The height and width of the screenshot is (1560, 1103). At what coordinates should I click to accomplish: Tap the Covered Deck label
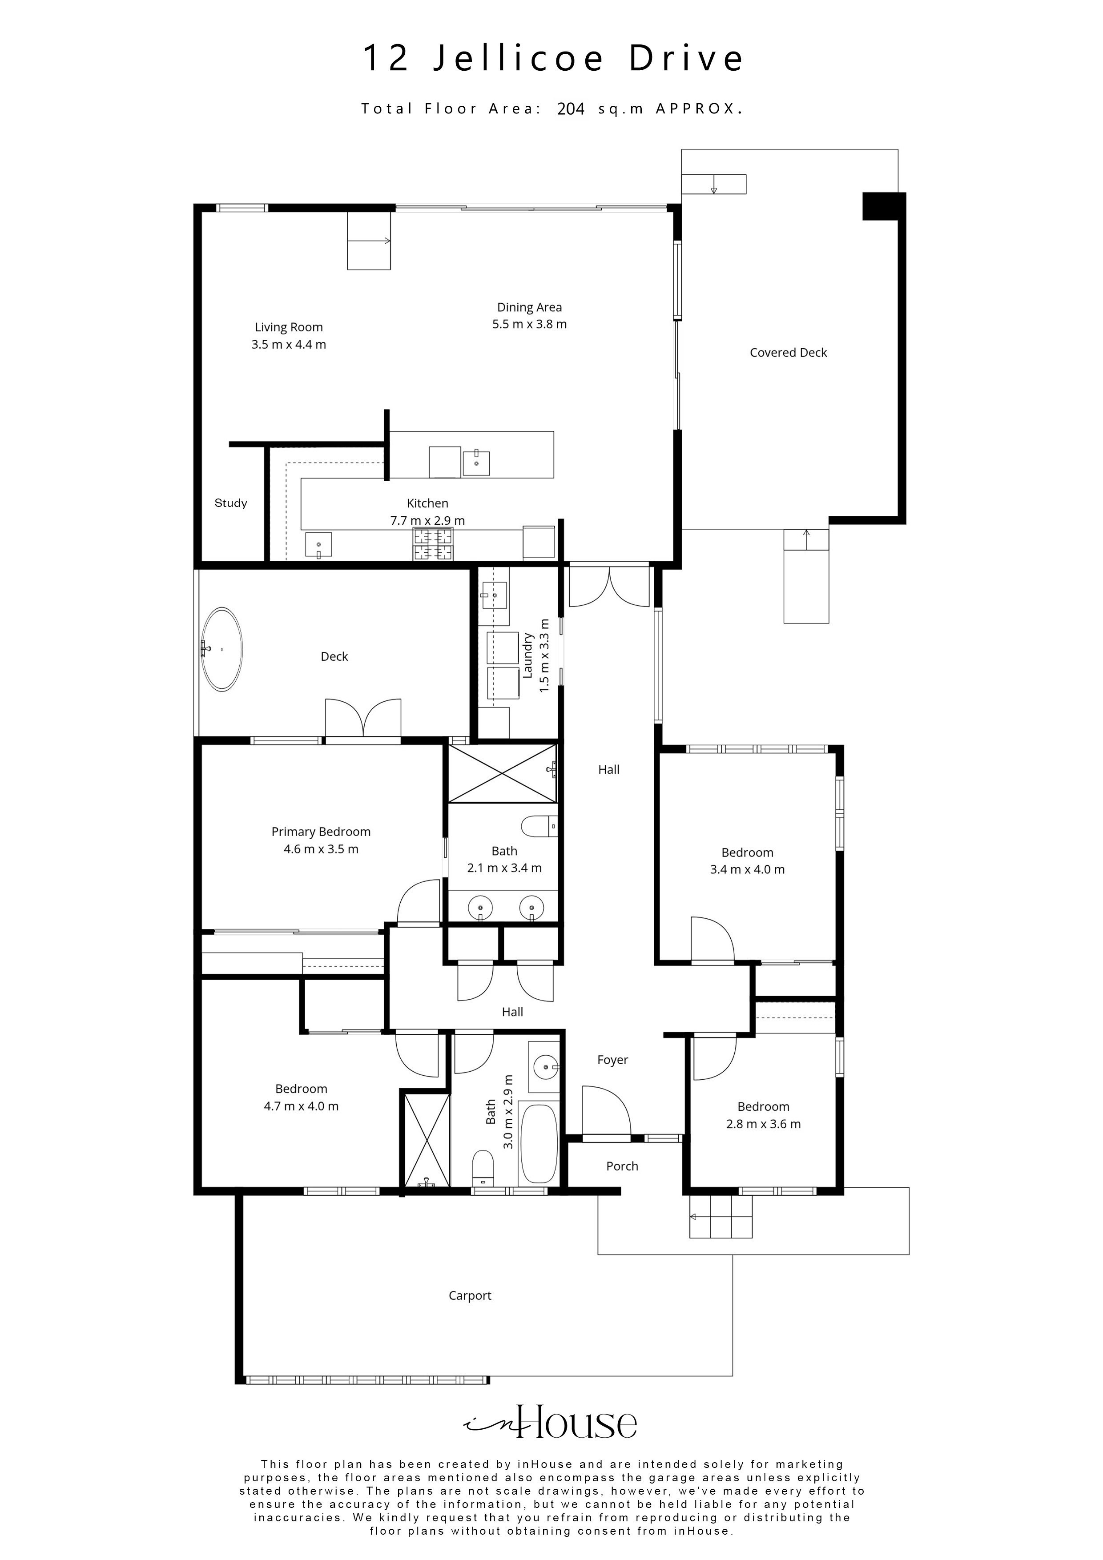789,353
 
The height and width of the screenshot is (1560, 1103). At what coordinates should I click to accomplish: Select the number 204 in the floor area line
571,109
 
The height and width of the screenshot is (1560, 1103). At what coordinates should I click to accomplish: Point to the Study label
230,503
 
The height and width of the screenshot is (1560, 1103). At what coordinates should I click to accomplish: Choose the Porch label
622,1166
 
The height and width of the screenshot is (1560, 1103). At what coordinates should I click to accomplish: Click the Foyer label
612,1060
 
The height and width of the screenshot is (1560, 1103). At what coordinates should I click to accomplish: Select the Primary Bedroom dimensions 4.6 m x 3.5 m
321,848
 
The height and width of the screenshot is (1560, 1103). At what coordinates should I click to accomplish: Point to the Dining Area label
529,307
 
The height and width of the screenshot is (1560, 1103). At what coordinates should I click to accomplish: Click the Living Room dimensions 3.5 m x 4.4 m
289,345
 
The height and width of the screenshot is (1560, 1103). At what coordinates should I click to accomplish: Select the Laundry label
527,655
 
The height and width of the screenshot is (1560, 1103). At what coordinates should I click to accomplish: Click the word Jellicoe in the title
518,58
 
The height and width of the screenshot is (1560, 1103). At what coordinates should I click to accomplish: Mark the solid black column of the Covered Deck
883,206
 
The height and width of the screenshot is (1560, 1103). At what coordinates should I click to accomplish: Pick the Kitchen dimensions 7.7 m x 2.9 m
427,520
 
